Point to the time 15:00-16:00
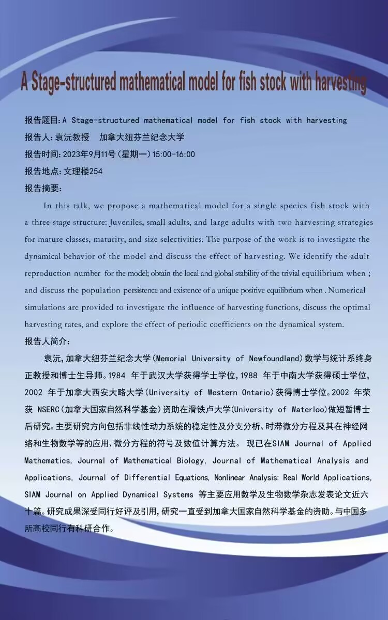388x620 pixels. pos(174,154)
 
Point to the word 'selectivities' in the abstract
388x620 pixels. pos(178,239)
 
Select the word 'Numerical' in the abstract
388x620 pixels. pos(345,290)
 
